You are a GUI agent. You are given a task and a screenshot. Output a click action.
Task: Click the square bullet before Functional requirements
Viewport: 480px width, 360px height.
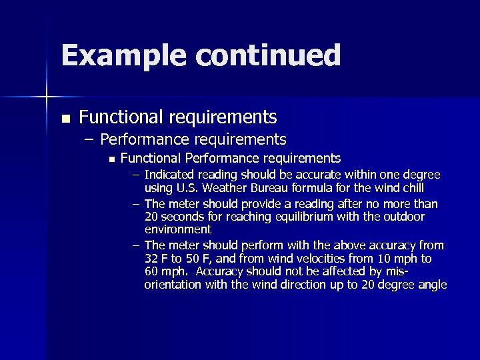(65, 119)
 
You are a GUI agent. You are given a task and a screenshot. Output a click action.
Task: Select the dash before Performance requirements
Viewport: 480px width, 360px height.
(90, 140)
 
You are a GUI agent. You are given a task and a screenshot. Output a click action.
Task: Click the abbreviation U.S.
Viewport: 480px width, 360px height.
(187, 188)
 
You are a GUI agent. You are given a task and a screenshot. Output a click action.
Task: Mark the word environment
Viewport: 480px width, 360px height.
(177, 229)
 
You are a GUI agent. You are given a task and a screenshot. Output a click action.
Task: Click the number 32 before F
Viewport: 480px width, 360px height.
(151, 259)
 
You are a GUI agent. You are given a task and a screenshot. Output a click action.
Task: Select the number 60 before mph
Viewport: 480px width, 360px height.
(151, 272)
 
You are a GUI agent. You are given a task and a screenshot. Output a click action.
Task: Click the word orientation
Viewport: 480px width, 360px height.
(173, 285)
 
